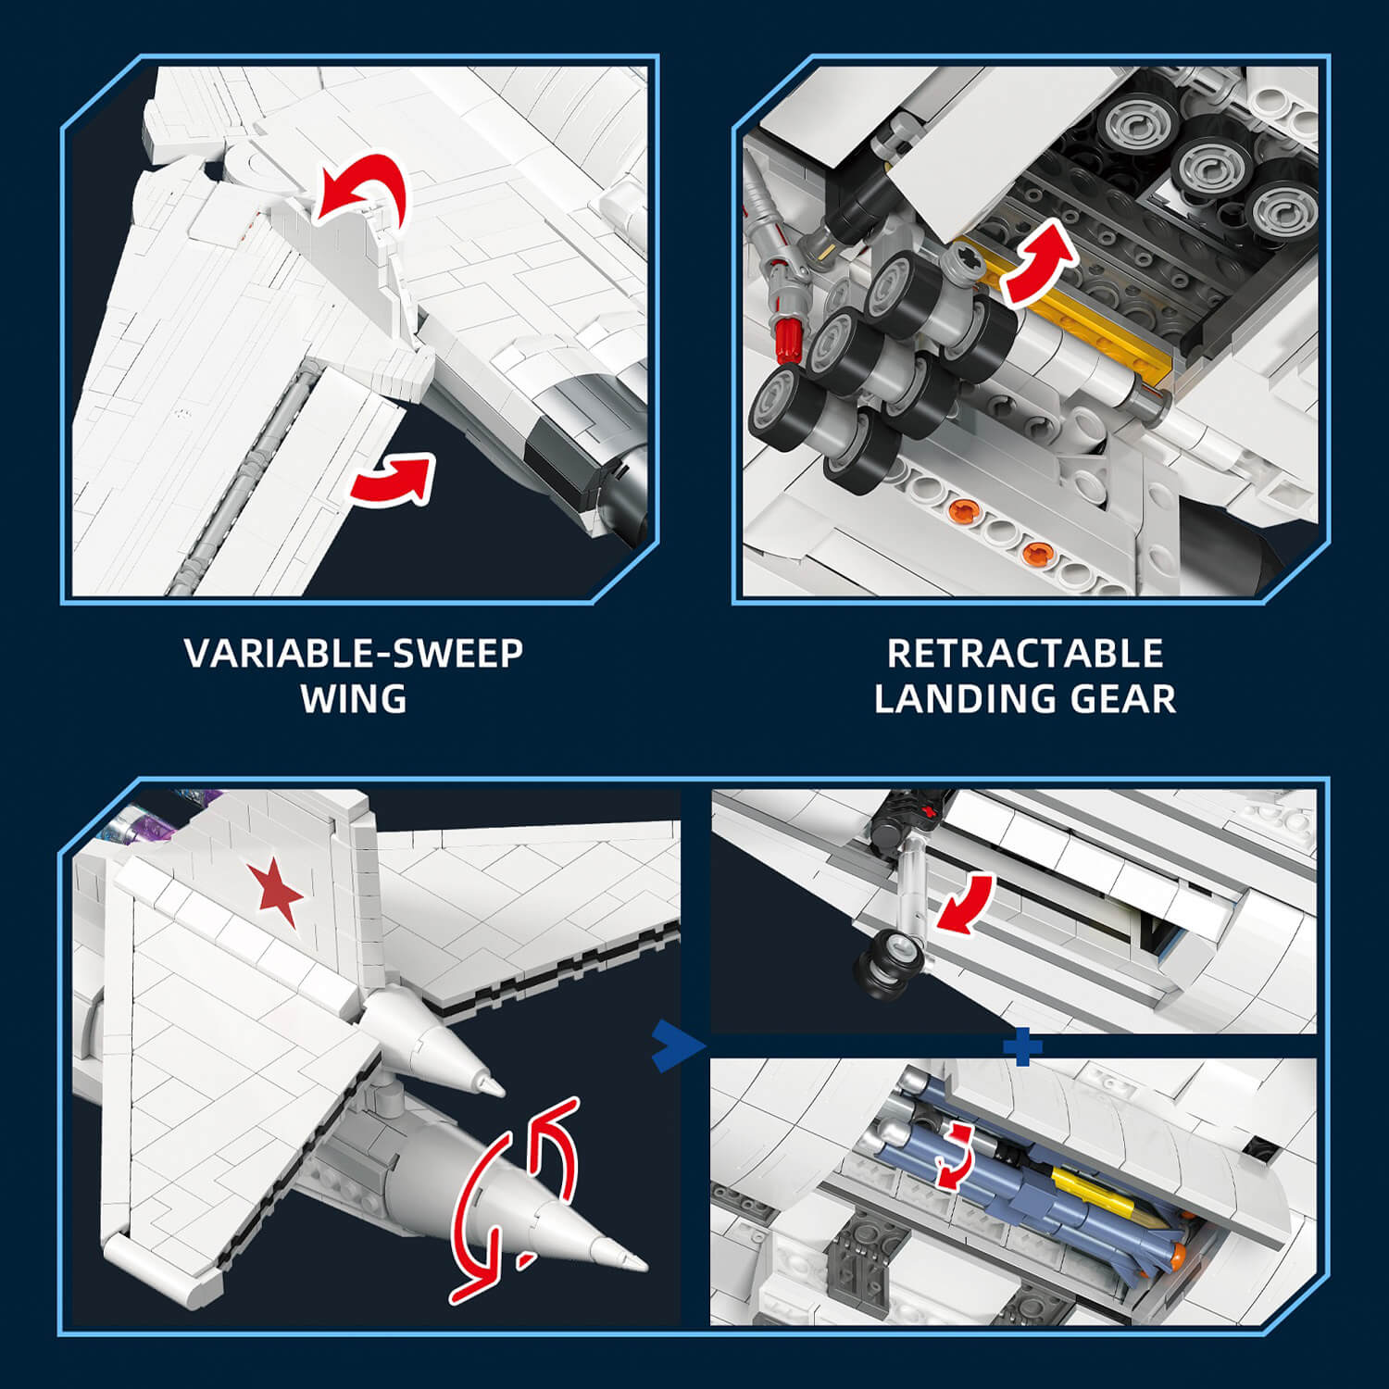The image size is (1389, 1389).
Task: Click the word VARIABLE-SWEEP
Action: point(354,654)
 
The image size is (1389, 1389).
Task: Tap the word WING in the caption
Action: point(354,699)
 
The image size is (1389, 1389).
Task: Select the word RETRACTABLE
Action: point(1025,654)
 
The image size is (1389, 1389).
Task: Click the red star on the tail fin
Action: point(275,891)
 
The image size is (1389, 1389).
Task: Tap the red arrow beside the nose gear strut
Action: point(966,903)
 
